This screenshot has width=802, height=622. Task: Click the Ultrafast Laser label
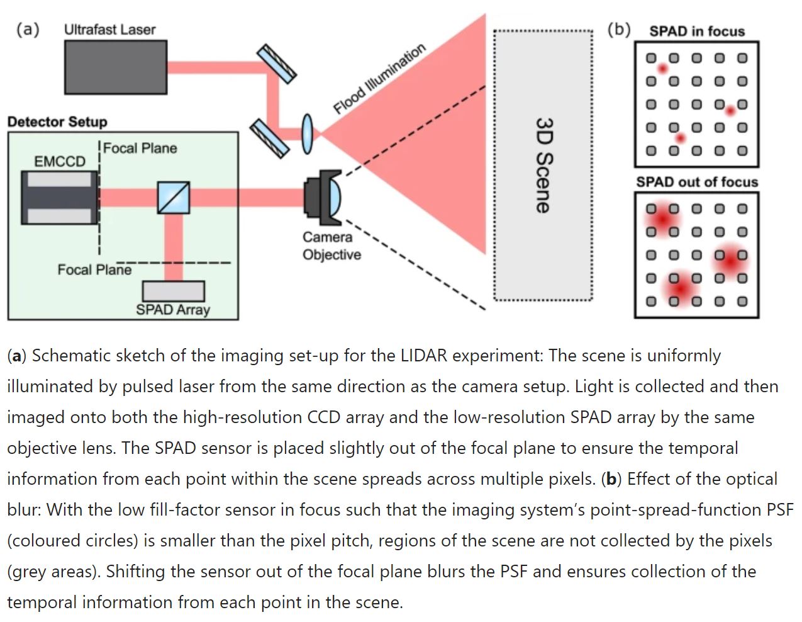[109, 30]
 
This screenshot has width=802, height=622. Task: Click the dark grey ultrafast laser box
[116, 67]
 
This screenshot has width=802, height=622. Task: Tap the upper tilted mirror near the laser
[277, 63]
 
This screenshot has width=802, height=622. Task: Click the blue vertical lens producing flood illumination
[307, 133]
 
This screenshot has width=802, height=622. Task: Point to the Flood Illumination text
[379, 79]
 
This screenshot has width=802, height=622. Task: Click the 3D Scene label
[543, 165]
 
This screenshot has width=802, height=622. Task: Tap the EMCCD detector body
[60, 197]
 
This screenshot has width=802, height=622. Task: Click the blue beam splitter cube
[174, 198]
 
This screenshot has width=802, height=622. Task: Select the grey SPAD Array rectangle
[173, 291]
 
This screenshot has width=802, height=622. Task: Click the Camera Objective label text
[331, 246]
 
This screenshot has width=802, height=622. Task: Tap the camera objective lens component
[323, 197]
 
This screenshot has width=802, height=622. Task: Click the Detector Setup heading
[57, 122]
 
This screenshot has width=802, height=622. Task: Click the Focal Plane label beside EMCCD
[140, 148]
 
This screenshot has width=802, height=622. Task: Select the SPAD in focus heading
[696, 31]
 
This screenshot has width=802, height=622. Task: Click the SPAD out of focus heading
[696, 182]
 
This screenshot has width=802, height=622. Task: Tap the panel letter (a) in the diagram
[28, 29]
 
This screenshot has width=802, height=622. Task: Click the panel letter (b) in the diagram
[619, 29]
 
